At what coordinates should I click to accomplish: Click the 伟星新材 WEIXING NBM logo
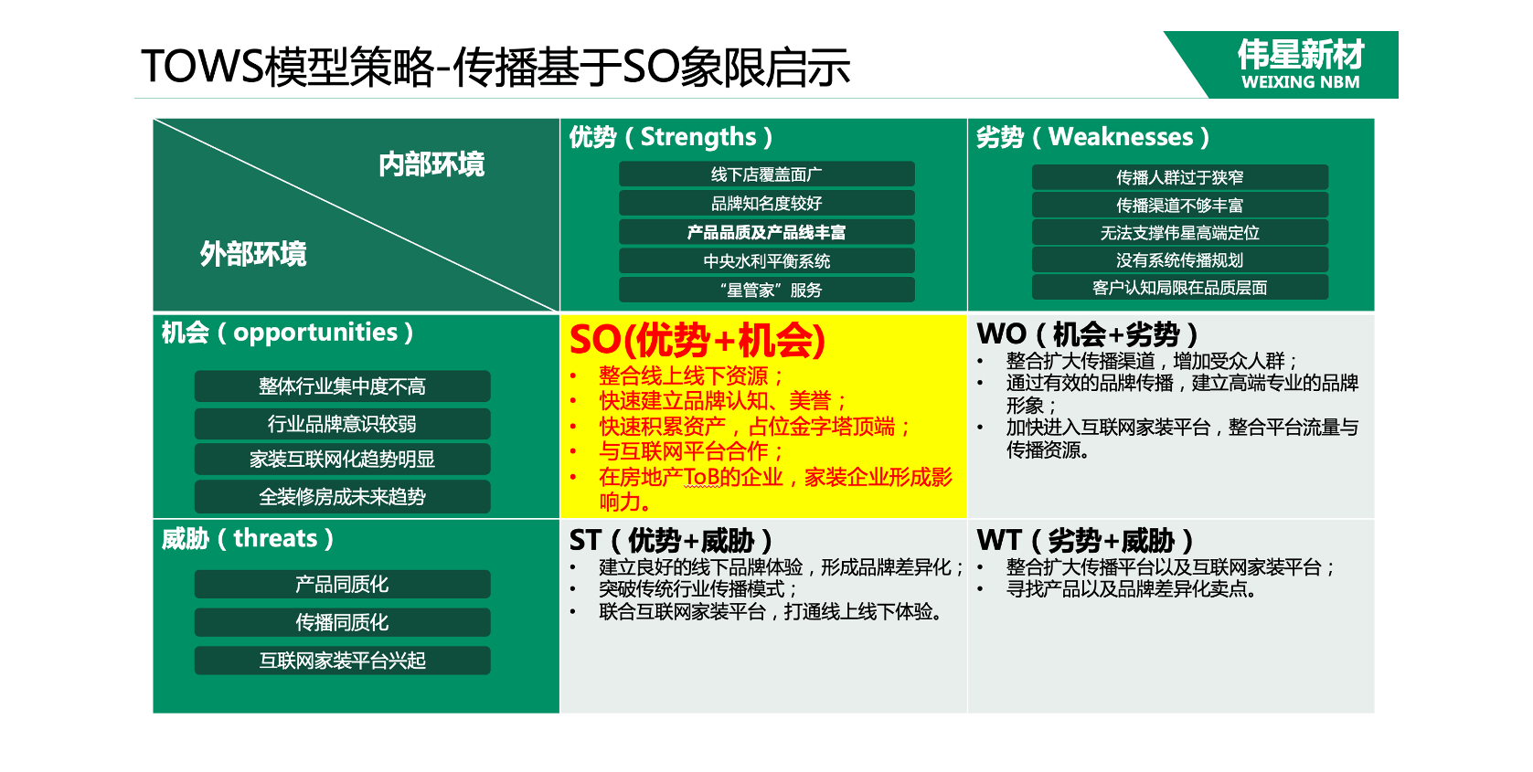click(x=1286, y=64)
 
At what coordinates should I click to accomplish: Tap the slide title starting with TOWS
click(x=495, y=67)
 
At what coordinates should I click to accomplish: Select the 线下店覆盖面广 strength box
click(x=766, y=174)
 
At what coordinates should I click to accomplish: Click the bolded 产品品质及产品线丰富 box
click(x=766, y=232)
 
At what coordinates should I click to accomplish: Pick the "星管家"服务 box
click(x=766, y=290)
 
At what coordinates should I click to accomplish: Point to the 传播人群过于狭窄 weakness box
click(x=1180, y=177)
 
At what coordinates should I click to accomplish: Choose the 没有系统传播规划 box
click(x=1180, y=259)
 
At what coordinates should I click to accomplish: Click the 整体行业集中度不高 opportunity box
click(x=342, y=386)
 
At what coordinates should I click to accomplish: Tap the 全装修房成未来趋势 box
click(x=342, y=496)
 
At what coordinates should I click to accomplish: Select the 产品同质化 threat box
click(x=342, y=585)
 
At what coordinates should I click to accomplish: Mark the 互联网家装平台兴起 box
click(x=342, y=661)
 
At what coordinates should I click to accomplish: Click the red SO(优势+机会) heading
click(x=697, y=340)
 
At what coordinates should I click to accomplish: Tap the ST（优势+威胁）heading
click(x=671, y=541)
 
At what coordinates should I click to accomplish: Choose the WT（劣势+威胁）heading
click(x=1085, y=540)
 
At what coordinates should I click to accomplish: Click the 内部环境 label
click(x=431, y=164)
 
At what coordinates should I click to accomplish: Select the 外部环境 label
click(x=252, y=254)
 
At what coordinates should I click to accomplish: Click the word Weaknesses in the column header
click(x=1121, y=137)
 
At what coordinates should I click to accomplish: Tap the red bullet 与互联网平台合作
click(x=690, y=451)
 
